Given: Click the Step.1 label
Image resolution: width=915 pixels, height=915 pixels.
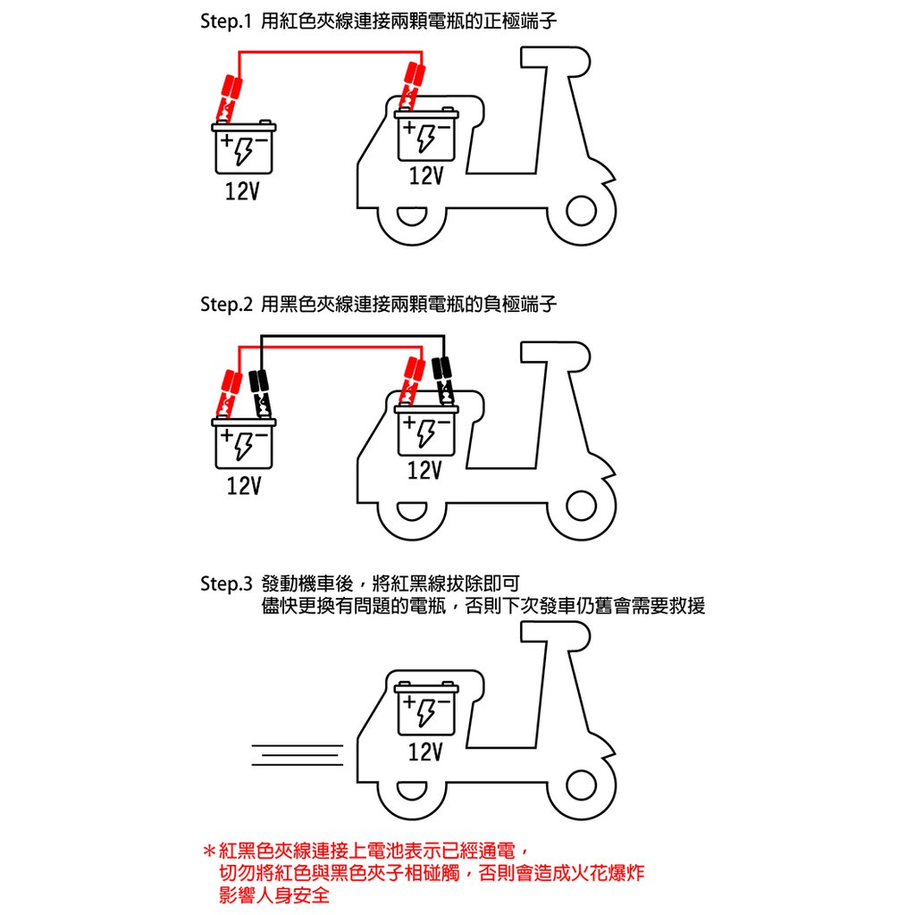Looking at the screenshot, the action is [x=225, y=21].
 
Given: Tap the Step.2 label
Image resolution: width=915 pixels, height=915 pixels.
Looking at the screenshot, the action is [x=226, y=304].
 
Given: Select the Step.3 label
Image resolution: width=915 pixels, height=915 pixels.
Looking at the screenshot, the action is [x=226, y=583].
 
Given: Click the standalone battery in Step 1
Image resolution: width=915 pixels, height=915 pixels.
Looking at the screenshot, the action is [x=244, y=147].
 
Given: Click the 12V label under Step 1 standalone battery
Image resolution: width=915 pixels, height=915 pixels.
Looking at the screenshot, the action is [x=242, y=191].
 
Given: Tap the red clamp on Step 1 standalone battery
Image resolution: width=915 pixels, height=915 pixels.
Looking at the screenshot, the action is [x=229, y=97].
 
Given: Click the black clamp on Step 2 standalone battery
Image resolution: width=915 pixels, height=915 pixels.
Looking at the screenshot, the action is [x=261, y=393].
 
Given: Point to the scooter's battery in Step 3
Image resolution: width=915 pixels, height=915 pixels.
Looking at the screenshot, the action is [x=426, y=708].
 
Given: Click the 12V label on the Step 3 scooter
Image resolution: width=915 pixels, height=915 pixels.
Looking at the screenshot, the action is [x=425, y=751].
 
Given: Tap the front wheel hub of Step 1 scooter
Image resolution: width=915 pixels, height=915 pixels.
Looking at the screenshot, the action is [x=581, y=211].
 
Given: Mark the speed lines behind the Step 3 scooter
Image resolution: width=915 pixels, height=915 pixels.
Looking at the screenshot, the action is [x=298, y=755].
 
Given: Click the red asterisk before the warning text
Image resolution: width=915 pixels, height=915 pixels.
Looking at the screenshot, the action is [x=209, y=851].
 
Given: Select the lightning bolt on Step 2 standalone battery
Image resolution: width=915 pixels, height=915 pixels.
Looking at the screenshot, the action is [x=244, y=447].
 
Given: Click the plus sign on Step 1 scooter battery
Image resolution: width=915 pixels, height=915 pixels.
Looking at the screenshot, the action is [x=410, y=127].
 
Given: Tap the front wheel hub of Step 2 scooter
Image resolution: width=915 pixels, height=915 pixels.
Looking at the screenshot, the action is [x=581, y=506].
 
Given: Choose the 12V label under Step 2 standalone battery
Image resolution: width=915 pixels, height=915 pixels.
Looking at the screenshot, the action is [x=244, y=485].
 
